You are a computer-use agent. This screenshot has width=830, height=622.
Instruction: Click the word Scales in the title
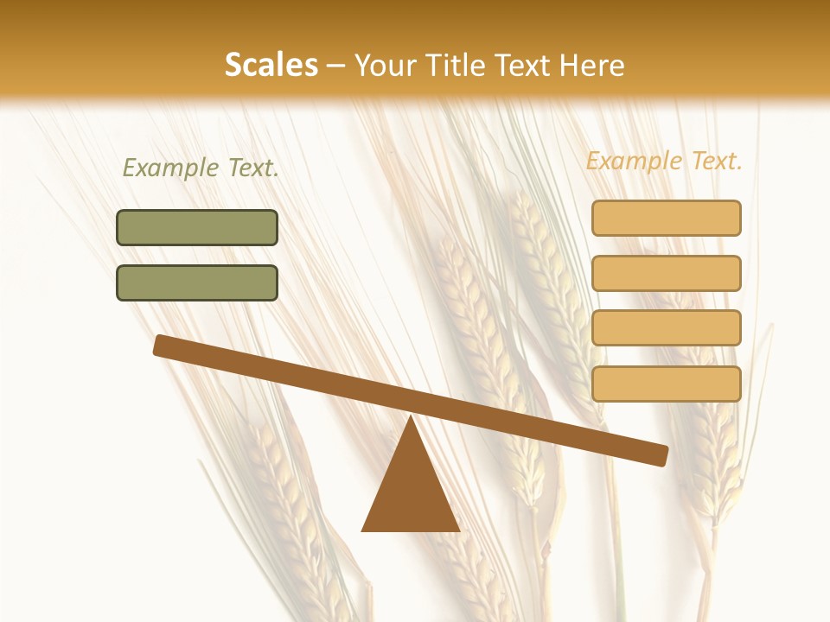(271, 66)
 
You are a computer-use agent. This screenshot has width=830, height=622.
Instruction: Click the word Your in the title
(385, 66)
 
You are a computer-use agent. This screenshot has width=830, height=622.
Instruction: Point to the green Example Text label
(201, 168)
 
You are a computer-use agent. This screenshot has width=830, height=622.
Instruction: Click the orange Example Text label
(664, 161)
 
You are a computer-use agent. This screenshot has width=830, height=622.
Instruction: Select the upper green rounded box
(197, 228)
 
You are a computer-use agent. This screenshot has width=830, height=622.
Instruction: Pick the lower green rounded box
(197, 282)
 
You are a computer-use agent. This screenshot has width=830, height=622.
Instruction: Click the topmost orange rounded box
(667, 218)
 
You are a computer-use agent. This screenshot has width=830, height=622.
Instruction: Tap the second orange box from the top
(667, 273)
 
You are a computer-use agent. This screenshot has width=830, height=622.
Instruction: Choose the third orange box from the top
(667, 328)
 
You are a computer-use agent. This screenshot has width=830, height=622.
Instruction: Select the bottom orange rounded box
(667, 384)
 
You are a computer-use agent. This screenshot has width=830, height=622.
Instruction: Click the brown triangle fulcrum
(411, 492)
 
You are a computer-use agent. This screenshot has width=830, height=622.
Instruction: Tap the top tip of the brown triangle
(411, 419)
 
